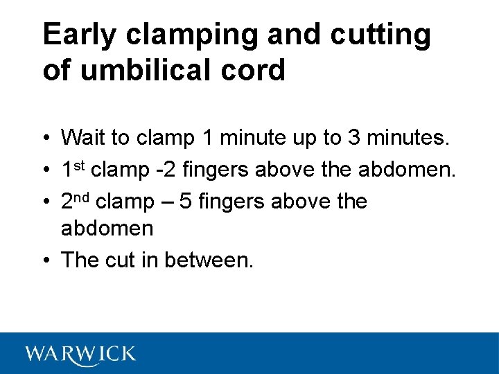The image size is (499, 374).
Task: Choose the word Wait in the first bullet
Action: [x=85, y=138]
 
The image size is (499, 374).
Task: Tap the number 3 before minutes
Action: [x=354, y=138]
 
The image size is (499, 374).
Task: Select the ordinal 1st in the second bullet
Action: [x=73, y=169]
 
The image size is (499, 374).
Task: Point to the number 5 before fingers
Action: [x=185, y=202]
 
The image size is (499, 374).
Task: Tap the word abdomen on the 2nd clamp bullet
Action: [x=107, y=228]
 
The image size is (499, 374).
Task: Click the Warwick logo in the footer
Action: [x=81, y=354]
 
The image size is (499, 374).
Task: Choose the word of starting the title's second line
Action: [x=56, y=70]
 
